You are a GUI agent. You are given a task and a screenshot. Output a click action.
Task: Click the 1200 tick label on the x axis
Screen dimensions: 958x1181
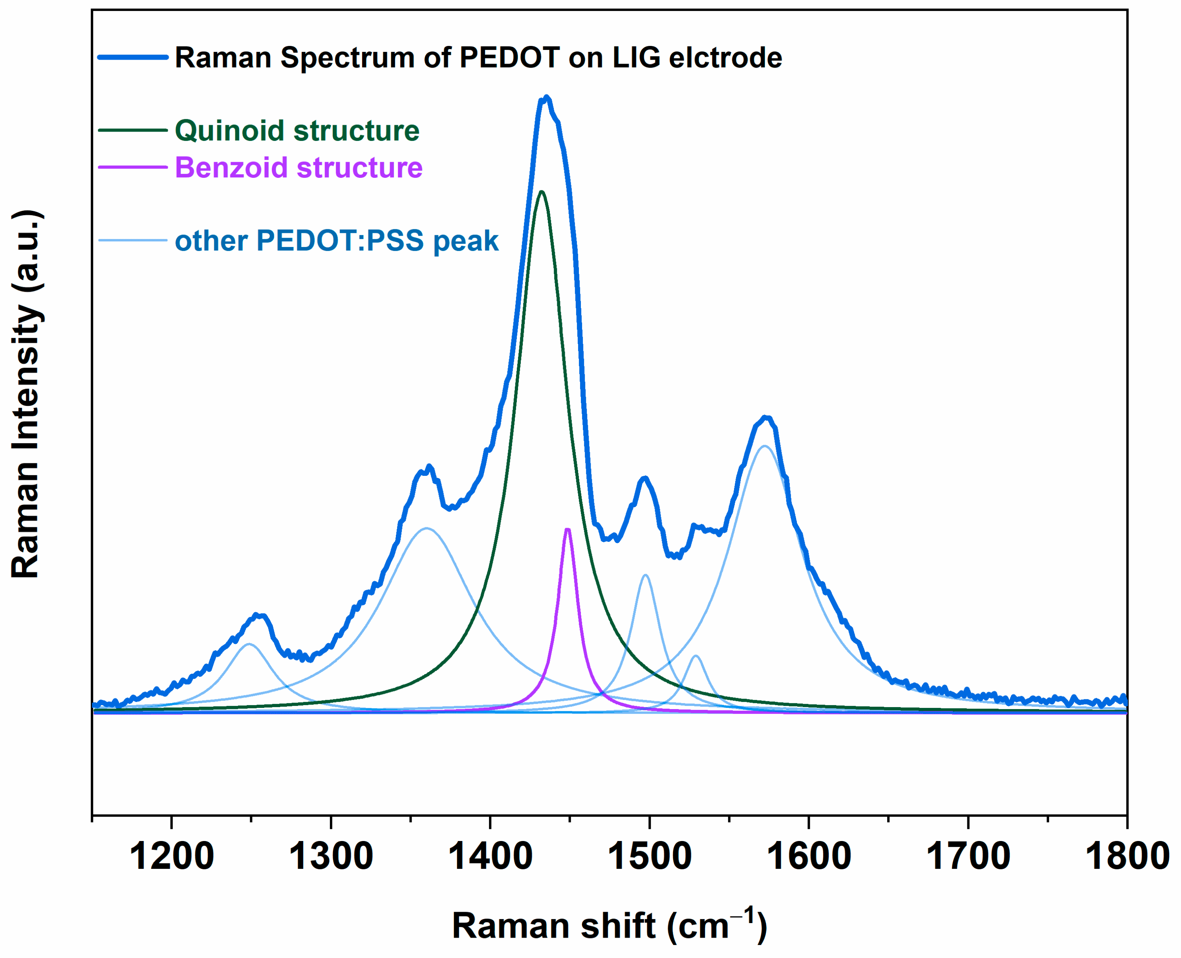coord(171,856)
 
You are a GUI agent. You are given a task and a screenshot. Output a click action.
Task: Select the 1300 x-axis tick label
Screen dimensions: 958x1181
coord(331,856)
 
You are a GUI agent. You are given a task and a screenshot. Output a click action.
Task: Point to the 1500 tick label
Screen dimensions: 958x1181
coord(649,856)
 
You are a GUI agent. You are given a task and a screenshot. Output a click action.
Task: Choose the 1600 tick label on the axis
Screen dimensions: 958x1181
coord(809,856)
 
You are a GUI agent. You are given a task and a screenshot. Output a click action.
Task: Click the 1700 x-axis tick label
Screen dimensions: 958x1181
coord(967,856)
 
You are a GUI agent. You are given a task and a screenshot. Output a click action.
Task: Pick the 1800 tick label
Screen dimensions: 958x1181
coord(1127,856)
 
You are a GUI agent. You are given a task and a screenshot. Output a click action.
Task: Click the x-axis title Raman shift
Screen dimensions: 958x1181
coord(609,925)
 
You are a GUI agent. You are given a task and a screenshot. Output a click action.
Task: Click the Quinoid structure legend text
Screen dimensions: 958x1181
coord(297,131)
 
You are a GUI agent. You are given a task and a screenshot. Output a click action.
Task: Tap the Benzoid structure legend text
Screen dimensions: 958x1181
coord(298,167)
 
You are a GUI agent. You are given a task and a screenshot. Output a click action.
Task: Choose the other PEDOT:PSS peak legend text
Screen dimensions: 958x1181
coord(337,241)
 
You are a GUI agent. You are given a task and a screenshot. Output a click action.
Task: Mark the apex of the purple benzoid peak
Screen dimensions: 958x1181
coord(567,529)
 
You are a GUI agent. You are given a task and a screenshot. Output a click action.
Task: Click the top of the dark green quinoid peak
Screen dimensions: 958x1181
coord(542,192)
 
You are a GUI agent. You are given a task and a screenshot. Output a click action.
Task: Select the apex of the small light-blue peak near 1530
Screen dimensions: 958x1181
coord(696,656)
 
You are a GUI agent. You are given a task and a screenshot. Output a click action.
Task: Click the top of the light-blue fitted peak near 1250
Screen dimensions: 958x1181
coord(249,644)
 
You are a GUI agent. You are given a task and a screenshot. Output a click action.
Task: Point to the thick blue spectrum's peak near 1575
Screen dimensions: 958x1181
coord(765,417)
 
